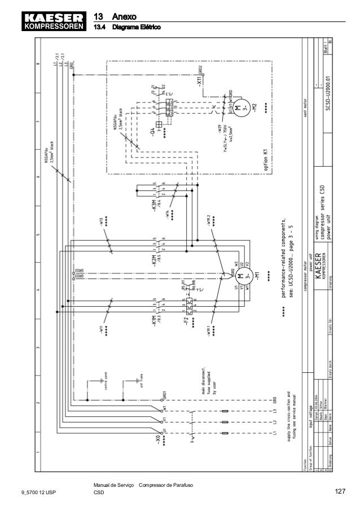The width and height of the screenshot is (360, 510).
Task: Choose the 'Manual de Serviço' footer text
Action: pyautogui.click(x=112, y=485)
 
